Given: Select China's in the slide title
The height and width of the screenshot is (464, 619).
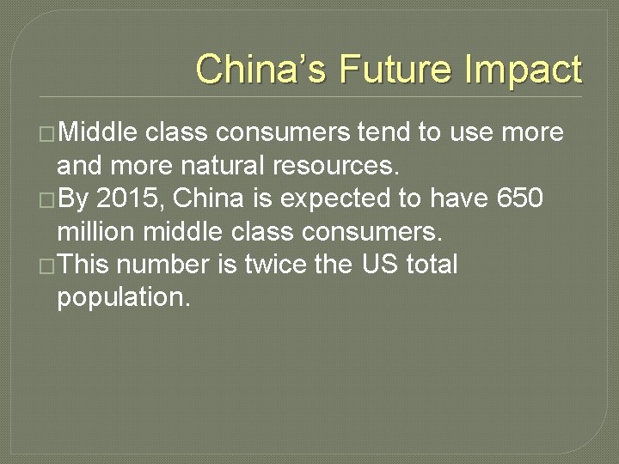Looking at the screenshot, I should click(261, 70).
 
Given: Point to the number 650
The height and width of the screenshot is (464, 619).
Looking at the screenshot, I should click(520, 198).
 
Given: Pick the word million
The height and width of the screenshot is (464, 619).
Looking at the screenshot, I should click(95, 231).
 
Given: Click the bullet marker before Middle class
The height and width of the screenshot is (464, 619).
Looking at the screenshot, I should click(47, 133).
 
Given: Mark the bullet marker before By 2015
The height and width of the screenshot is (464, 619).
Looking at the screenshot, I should click(47, 199).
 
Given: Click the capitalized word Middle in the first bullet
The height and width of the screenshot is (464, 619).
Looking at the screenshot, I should click(98, 132).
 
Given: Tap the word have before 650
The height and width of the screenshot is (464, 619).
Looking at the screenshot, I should click(459, 198).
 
